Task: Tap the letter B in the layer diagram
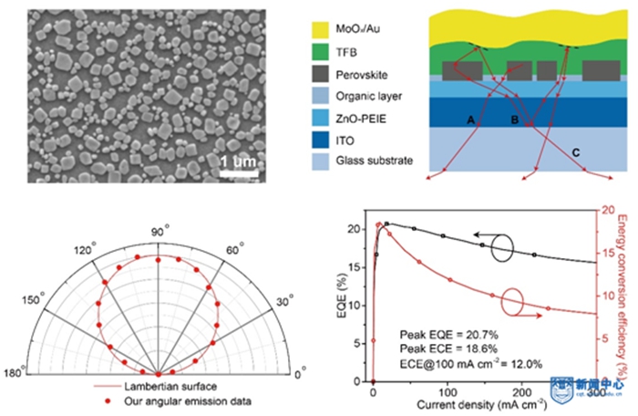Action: point(515,121)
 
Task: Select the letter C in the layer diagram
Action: point(576,153)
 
